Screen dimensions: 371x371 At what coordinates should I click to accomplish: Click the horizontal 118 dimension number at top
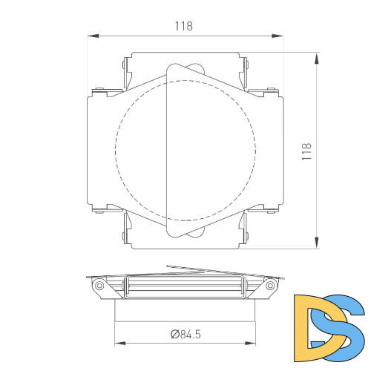pyautogui.click(x=183, y=26)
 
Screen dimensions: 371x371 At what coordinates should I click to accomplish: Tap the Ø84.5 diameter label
pyautogui.click(x=185, y=334)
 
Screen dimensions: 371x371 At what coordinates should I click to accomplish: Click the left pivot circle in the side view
pyautogui.click(x=98, y=285)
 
